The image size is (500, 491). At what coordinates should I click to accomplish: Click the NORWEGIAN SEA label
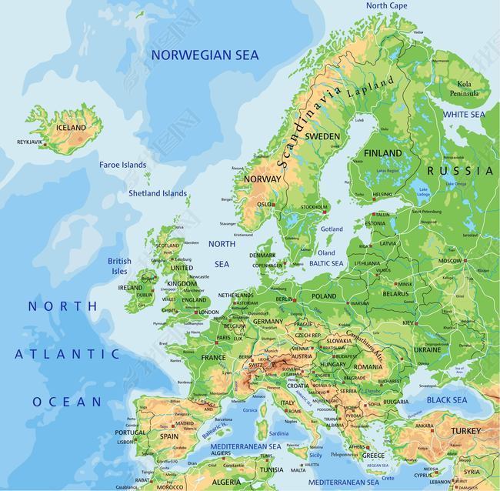tap(205, 55)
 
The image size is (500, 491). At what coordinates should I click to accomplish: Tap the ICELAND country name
tap(72, 127)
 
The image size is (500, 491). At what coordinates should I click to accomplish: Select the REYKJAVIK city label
tap(30, 142)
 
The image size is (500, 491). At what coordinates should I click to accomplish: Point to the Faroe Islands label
tap(122, 165)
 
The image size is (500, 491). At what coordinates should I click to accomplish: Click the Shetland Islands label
tap(157, 193)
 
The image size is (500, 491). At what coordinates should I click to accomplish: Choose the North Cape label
tap(387, 5)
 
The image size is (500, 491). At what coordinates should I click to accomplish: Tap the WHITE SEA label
tap(464, 115)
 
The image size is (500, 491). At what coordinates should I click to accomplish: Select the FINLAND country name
tap(382, 153)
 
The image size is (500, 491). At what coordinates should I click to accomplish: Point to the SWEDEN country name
tap(322, 136)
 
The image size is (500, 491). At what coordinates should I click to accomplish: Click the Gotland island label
tap(332, 229)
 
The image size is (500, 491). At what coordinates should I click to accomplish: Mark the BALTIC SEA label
tap(326, 263)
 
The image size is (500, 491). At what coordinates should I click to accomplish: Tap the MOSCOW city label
tap(450, 261)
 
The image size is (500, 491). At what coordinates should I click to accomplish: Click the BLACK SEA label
tap(447, 400)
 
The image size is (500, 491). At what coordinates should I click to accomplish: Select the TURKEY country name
tap(465, 430)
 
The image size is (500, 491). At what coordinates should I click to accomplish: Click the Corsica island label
tap(249, 410)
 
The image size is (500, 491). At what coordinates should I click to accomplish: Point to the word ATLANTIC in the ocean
tap(68, 354)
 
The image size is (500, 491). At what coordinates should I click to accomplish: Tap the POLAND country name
tap(324, 296)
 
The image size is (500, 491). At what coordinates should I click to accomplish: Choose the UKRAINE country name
tap(427, 349)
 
